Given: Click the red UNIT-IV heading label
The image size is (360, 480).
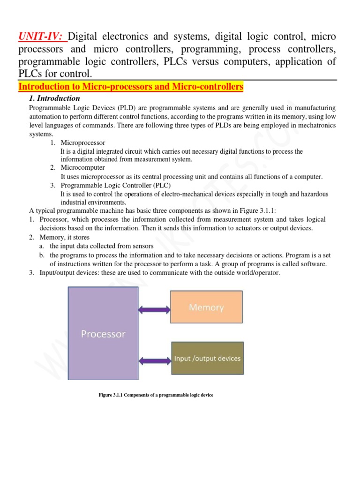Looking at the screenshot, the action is click(42, 37).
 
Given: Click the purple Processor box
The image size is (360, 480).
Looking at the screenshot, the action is click(103, 333).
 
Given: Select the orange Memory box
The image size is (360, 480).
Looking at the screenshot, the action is click(206, 307).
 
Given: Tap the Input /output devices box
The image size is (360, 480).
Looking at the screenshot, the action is click(207, 359).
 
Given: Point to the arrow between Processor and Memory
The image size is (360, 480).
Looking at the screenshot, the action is click(154, 308).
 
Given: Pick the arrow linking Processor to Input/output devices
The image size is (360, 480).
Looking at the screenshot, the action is click(154, 360).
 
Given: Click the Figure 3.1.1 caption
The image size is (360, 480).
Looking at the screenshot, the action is click(156, 395).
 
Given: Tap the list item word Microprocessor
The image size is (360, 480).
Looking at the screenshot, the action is click(83, 142).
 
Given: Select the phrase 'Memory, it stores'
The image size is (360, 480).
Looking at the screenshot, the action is click(65, 238).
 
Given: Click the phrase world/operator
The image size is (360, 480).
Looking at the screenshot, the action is click(256, 273).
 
